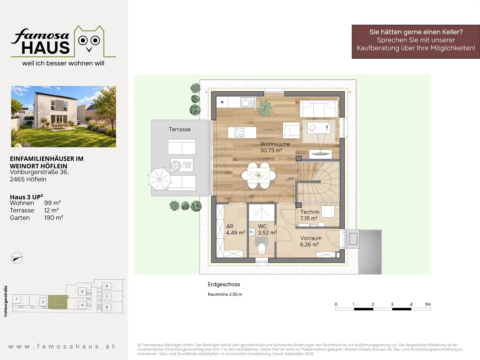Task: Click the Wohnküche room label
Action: click(x=275, y=144)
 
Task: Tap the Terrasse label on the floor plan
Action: click(x=180, y=129)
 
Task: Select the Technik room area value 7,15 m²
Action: click(x=309, y=218)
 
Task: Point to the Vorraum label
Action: click(x=311, y=238)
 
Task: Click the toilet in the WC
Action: click(x=262, y=248)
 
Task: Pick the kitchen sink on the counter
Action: click(x=248, y=102)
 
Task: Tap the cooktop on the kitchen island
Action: click(x=239, y=132)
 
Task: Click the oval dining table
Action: click(x=259, y=175)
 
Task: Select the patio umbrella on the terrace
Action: click(x=160, y=179)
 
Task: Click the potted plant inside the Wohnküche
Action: click(x=265, y=108)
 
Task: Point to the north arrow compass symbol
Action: click(x=17, y=258)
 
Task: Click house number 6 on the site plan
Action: click(x=107, y=286)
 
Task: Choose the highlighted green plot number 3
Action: click(x=62, y=302)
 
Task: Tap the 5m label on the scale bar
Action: click(x=428, y=304)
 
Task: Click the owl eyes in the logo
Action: click(x=89, y=40)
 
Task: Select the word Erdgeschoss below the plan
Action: click(x=224, y=284)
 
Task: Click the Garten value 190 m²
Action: click(x=54, y=218)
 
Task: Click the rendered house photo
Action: click(x=64, y=117)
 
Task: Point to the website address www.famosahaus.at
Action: click(x=62, y=346)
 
